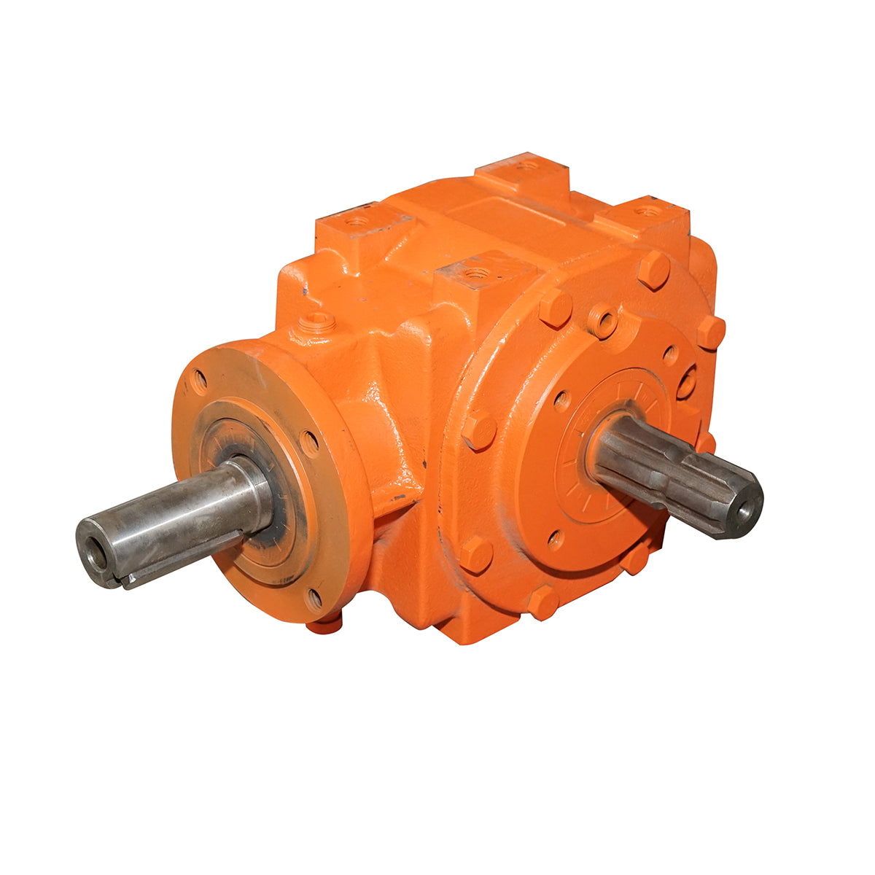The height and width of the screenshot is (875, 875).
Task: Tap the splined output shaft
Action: pyautogui.click(x=671, y=473)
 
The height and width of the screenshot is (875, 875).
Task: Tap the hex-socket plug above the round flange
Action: pyautogui.click(x=316, y=320)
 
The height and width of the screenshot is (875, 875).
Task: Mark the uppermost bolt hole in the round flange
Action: pyautogui.click(x=198, y=381)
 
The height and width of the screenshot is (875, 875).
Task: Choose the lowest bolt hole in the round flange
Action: pyautogui.click(x=314, y=599)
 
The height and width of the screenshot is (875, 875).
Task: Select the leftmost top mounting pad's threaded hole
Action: pyautogui.click(x=357, y=219)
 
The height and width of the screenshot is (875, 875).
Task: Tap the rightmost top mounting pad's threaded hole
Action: pyautogui.click(x=645, y=211)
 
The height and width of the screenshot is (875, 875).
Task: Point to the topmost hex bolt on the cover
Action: pyautogui.click(x=653, y=269)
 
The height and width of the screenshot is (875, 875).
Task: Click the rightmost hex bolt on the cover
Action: pyautogui.click(x=710, y=332)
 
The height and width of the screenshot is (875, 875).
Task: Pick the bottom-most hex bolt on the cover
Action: pyautogui.click(x=543, y=602)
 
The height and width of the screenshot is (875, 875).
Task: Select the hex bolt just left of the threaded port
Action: pyautogui.click(x=555, y=308)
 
